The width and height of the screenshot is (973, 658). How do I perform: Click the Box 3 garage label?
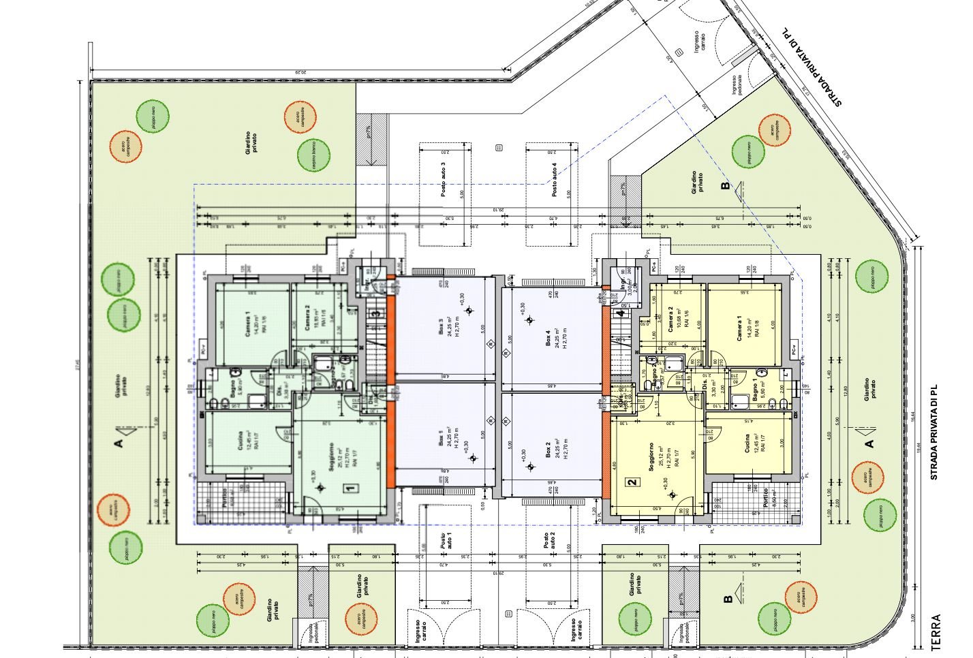(x=441, y=326)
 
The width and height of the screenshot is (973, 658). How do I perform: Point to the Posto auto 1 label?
(x=446, y=542)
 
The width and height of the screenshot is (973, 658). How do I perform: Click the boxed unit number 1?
(x=350, y=488)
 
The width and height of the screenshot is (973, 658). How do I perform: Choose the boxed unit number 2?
(x=632, y=482)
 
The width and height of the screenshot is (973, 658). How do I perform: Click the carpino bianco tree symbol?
(x=313, y=155)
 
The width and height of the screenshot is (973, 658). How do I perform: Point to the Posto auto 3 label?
(x=443, y=181)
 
